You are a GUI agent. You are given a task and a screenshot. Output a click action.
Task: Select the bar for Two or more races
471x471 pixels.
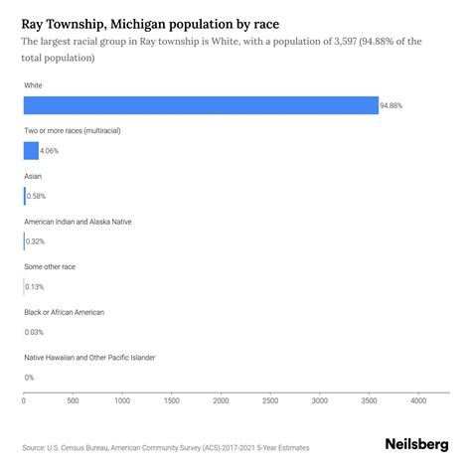[x=31, y=150]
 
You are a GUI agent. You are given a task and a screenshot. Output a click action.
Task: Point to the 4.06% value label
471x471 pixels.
[x=53, y=151]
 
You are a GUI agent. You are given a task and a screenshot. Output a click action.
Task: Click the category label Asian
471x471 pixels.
[x=33, y=176]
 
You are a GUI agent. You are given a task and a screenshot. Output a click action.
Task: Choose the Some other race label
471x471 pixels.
[x=50, y=266]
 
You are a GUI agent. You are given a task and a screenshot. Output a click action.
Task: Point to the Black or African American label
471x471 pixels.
[x=64, y=311]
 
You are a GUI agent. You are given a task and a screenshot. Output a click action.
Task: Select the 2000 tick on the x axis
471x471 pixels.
[x=221, y=400]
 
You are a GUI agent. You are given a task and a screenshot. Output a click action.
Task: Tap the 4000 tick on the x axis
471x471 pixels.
[x=417, y=400]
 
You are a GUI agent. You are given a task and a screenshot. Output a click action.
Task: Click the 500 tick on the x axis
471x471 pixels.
[x=73, y=400]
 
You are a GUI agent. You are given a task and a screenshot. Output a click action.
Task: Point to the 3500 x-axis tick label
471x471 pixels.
[x=368, y=400]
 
